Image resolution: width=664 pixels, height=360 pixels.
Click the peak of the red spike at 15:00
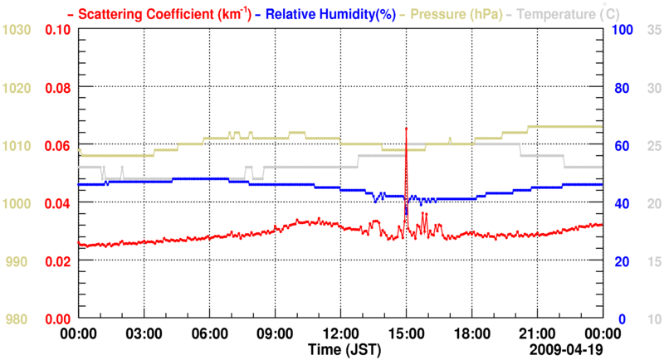click(x=406, y=129)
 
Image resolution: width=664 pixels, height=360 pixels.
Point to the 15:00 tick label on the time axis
click(x=406, y=333)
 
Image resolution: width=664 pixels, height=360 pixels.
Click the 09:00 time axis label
click(x=275, y=333)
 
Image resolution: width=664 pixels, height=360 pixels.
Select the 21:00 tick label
click(x=537, y=333)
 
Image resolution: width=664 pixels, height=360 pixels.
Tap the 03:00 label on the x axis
click(x=144, y=333)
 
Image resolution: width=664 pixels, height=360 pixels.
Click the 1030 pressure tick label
click(x=17, y=30)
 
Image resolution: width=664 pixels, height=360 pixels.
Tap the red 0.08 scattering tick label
click(x=57, y=88)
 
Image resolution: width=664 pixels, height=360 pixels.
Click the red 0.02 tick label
click(x=57, y=261)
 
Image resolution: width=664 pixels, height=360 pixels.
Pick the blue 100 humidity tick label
click(x=622, y=30)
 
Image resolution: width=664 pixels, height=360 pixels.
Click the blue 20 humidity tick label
click(x=619, y=261)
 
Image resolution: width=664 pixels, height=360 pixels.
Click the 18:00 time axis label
click(x=471, y=333)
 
